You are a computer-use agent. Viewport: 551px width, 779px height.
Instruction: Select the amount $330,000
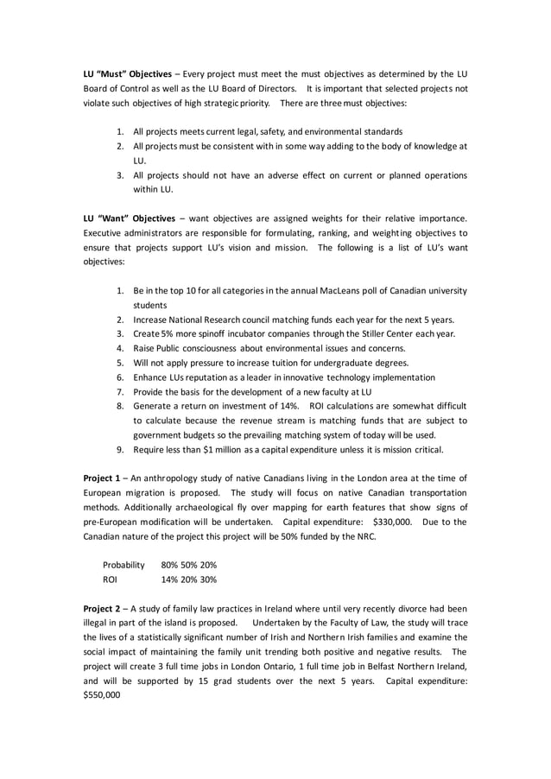tap(396, 522)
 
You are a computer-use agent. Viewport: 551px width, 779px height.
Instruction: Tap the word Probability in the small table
tap(123, 565)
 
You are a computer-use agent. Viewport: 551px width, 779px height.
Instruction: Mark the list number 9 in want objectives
tap(120, 449)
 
